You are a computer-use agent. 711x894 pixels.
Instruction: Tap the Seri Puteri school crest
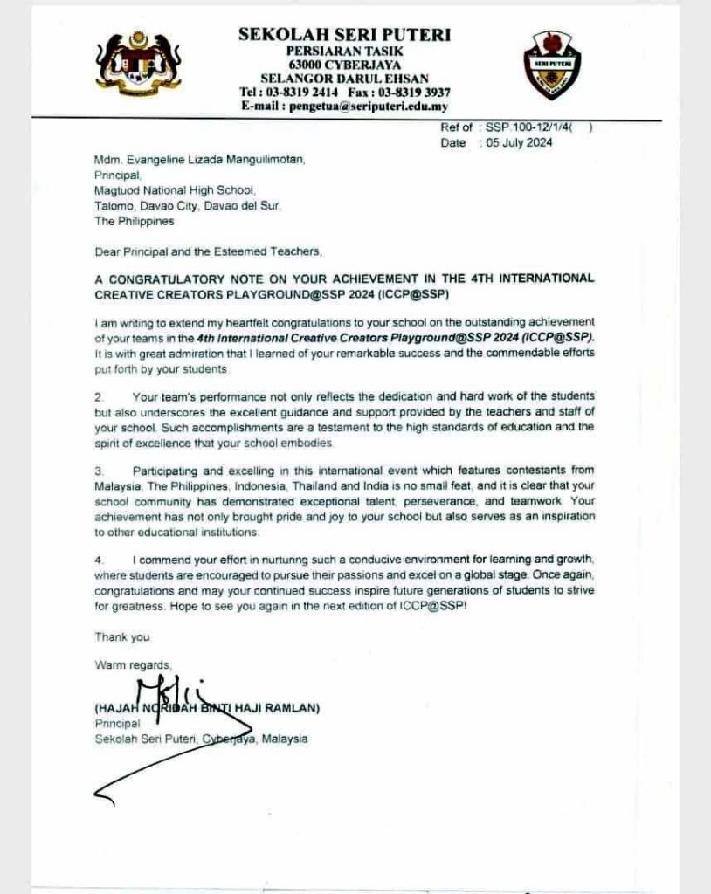[x=551, y=65]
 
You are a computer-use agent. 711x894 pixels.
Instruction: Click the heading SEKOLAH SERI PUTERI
[x=344, y=35]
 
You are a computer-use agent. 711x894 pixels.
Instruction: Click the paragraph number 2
[x=99, y=397]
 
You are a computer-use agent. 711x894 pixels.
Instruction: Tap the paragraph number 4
[x=99, y=558]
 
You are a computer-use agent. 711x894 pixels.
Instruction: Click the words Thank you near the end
[x=121, y=636]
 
